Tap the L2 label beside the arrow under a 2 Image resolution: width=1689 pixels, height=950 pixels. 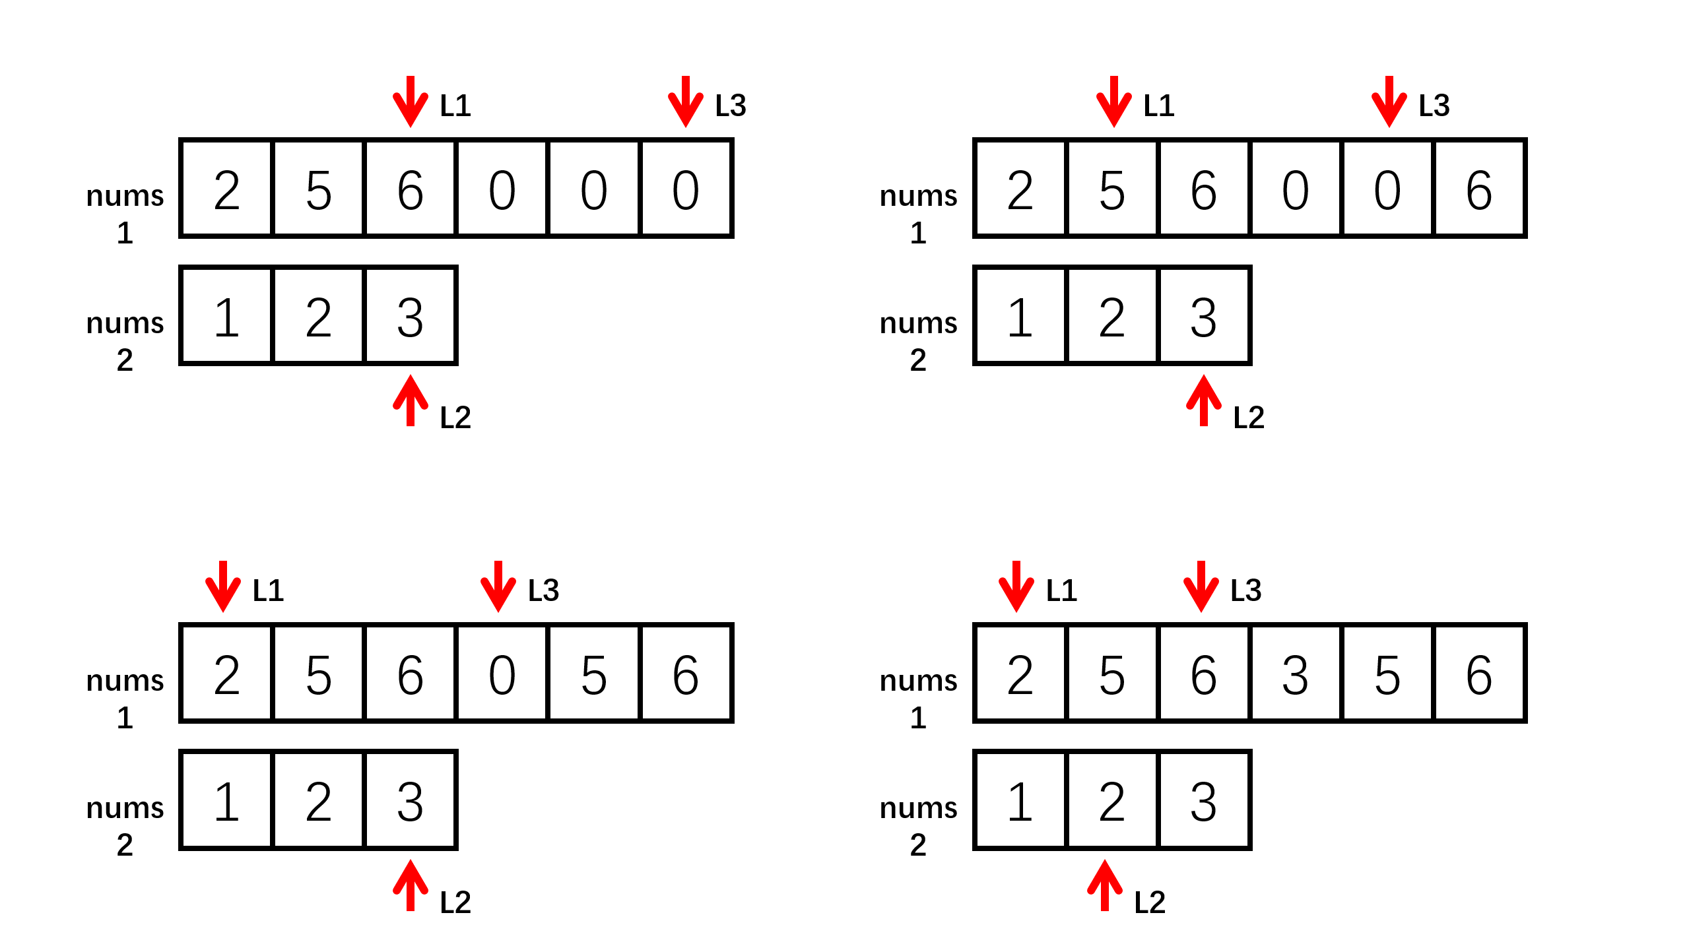point(1149,902)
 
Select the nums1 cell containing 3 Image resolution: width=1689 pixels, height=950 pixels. point(1295,674)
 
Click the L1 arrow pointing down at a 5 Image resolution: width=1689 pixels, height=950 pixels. point(1113,101)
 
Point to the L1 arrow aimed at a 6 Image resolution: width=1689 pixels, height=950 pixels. point(410,101)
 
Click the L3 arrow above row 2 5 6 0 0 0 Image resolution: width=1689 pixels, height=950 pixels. point(685,101)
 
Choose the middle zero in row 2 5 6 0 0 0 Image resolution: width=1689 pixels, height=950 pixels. point(593,189)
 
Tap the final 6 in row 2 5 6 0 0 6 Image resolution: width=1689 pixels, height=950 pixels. point(1478,189)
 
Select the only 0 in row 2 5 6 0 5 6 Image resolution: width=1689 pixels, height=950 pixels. point(502,674)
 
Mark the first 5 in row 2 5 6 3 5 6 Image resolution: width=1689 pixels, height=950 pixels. point(1111,674)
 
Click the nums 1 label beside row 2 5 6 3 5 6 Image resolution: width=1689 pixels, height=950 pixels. point(918,697)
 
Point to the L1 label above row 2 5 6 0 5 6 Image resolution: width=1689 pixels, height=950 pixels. point(268,590)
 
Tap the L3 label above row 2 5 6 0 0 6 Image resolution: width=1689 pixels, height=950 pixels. point(1434,106)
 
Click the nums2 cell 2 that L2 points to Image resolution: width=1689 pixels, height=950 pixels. point(1111,801)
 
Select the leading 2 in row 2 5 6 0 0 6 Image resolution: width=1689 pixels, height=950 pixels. point(1020,189)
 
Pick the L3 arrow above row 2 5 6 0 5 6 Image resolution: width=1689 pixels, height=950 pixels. point(498,586)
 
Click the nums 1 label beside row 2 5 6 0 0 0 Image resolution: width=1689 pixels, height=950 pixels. point(125,213)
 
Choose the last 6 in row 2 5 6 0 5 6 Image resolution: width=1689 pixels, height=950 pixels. point(685,674)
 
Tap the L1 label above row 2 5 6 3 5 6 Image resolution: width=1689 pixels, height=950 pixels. point(1061,590)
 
